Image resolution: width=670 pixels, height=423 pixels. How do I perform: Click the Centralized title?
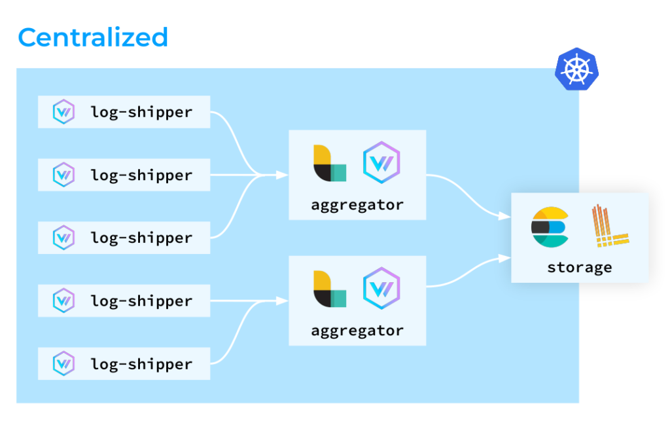pyautogui.click(x=93, y=37)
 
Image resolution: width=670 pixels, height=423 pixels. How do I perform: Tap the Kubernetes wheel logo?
pyautogui.click(x=576, y=69)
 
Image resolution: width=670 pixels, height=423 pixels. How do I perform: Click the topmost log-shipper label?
pyautogui.click(x=141, y=112)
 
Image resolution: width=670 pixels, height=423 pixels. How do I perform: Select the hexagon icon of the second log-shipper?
pyautogui.click(x=63, y=175)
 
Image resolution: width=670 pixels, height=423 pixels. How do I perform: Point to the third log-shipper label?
pyautogui.click(x=141, y=238)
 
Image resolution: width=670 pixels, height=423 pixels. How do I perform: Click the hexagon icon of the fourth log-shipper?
pyautogui.click(x=63, y=301)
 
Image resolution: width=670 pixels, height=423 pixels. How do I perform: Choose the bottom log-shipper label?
pyautogui.click(x=141, y=363)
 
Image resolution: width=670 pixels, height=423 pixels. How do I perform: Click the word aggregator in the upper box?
pyautogui.click(x=357, y=204)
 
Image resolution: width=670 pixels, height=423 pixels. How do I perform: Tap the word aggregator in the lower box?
pyautogui.click(x=357, y=330)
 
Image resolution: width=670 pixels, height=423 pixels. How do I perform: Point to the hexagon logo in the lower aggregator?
pyautogui.click(x=381, y=287)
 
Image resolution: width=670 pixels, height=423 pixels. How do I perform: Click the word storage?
pyautogui.click(x=580, y=267)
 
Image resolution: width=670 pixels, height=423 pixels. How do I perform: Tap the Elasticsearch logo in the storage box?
pyautogui.click(x=549, y=227)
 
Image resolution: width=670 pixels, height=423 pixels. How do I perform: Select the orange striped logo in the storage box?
pyautogui.click(x=609, y=227)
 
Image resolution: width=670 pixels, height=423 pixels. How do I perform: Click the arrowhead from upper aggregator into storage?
pyautogui.click(x=505, y=215)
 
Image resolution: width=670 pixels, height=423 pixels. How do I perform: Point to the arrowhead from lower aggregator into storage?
pyautogui.click(x=505, y=258)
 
